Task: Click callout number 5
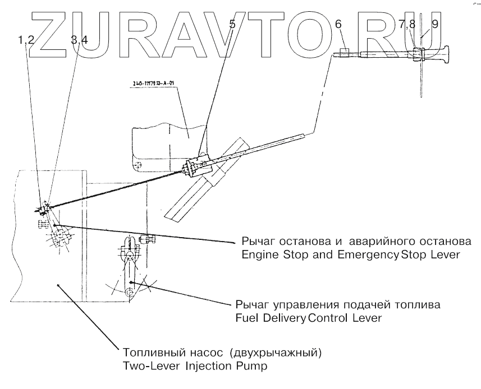tap(232, 24)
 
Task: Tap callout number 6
tap(337, 24)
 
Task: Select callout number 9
tap(436, 24)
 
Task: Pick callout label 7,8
tap(407, 24)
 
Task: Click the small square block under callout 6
tap(345, 52)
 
